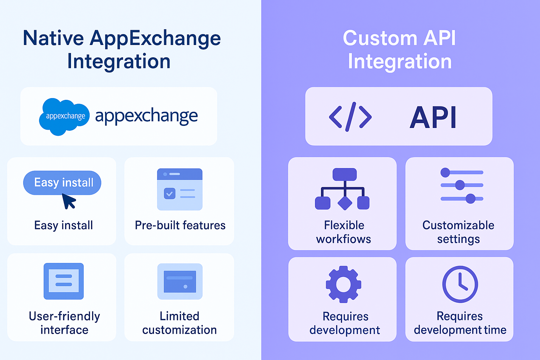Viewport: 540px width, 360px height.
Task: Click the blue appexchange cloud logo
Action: coord(64,117)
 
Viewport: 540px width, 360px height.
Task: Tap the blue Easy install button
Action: coord(62,182)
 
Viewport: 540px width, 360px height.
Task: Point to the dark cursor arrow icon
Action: coord(69,201)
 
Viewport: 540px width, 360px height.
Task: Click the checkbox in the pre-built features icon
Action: coord(169,193)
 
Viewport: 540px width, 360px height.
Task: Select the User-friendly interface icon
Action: coord(64,281)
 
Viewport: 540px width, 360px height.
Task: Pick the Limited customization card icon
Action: coord(180,281)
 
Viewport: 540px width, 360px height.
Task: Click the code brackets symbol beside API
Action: coord(350,117)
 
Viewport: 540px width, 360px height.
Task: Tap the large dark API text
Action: coord(433,117)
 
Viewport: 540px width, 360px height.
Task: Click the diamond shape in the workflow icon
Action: coord(345,203)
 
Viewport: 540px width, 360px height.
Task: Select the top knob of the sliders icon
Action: coord(445,172)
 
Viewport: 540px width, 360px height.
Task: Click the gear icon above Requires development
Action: coord(343,284)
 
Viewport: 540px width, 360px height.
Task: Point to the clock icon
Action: coord(460,284)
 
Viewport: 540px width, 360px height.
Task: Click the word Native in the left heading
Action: coord(53,38)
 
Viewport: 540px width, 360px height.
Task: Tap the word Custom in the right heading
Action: coord(380,38)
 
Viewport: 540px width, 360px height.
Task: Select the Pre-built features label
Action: coord(180,225)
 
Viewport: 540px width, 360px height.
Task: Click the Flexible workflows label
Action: coord(343,232)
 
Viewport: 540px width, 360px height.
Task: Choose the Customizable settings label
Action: coord(458,232)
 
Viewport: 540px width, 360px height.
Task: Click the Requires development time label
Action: coord(460,323)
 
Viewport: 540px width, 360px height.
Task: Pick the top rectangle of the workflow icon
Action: coord(345,174)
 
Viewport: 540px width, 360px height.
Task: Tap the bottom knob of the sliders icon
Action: coord(470,199)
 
